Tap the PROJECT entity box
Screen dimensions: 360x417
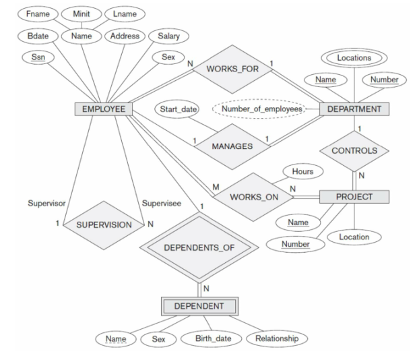pyautogui.click(x=354, y=197)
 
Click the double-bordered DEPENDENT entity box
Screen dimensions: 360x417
pyautogui.click(x=199, y=306)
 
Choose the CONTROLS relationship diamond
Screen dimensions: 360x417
pyautogui.click(x=354, y=150)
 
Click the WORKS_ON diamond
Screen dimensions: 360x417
pyautogui.click(x=253, y=198)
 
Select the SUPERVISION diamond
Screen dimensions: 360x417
pyautogui.click(x=102, y=224)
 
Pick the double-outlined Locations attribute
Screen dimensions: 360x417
pyautogui.click(x=354, y=58)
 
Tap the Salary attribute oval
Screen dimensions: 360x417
pyautogui.click(x=168, y=35)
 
